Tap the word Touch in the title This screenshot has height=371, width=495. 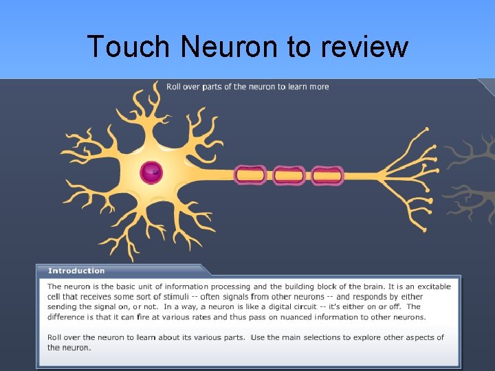click(128, 47)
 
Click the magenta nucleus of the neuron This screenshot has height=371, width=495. click(151, 172)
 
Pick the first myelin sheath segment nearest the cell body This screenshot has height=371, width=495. click(250, 175)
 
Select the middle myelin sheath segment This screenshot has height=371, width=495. click(289, 175)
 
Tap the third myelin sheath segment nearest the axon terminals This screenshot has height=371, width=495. click(327, 175)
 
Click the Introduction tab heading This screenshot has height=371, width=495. click(76, 271)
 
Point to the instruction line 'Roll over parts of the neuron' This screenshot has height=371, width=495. click(247, 87)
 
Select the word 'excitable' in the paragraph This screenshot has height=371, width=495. click(434, 286)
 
